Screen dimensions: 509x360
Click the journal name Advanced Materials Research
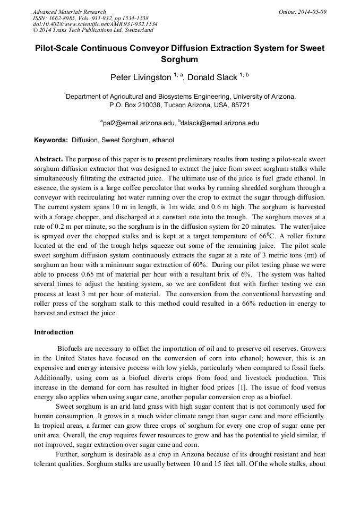(x=69, y=12)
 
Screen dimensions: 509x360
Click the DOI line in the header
(x=95, y=24)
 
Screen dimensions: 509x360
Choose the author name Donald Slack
(x=212, y=77)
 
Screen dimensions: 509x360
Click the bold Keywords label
(x=51, y=141)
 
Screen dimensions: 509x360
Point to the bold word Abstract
(x=48, y=159)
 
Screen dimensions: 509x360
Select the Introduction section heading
(x=54, y=332)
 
